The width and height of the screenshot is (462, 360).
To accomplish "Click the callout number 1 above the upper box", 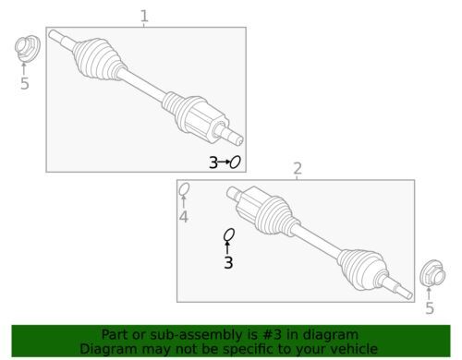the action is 144,17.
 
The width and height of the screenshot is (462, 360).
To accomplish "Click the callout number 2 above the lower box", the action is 298,169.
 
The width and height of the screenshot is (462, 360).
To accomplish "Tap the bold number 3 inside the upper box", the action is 213,162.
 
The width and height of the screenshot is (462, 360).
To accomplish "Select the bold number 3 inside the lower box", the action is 228,263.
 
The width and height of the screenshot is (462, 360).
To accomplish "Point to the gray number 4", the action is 184,217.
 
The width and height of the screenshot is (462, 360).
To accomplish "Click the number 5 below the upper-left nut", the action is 25,83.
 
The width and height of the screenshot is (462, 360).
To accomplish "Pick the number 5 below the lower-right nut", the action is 430,308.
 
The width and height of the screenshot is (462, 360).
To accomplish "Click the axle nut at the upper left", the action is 27,49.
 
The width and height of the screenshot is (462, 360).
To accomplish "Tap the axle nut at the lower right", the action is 432,273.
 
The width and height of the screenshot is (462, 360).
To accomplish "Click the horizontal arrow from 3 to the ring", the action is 224,162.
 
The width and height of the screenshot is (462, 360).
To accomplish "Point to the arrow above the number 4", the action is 184,202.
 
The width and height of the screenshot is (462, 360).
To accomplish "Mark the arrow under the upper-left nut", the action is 24,68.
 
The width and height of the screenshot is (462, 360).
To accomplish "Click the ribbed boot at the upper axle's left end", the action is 97,59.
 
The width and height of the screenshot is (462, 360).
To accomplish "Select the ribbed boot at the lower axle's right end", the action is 363,269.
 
